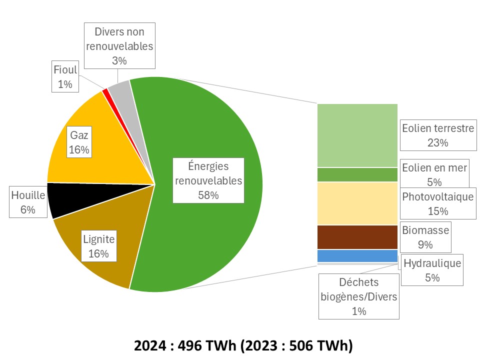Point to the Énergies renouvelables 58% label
pos(208,180)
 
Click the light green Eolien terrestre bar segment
pos(357,135)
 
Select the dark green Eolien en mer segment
pos(357,174)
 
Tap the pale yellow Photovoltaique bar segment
pos(357,203)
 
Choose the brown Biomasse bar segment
pos(357,237)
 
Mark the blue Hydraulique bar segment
pos(357,256)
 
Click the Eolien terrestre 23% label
pos(437,135)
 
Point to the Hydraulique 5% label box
pos(432,269)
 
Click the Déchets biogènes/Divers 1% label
pos(359,296)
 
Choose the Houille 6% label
pos(28,202)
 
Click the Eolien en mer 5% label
pos(434,174)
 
